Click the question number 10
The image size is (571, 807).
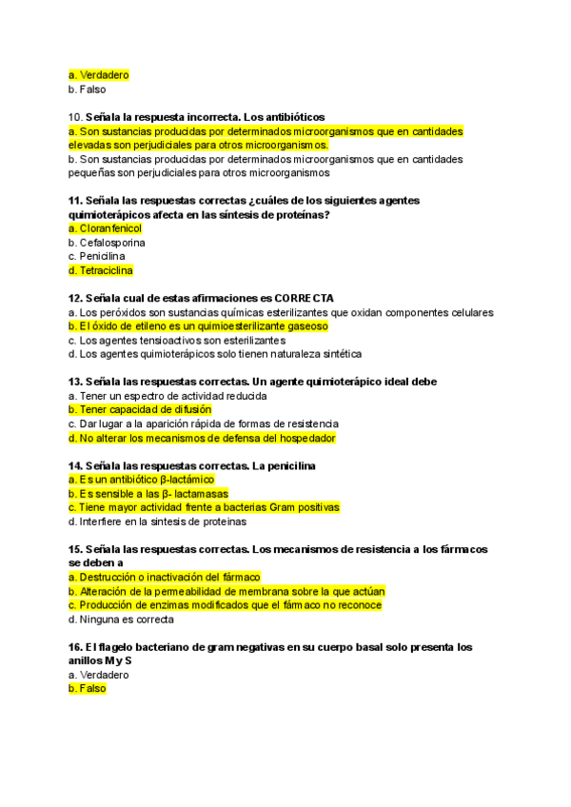pyautogui.click(x=75, y=117)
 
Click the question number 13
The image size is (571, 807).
pyautogui.click(x=75, y=382)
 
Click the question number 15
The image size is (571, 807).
pyautogui.click(x=75, y=549)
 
